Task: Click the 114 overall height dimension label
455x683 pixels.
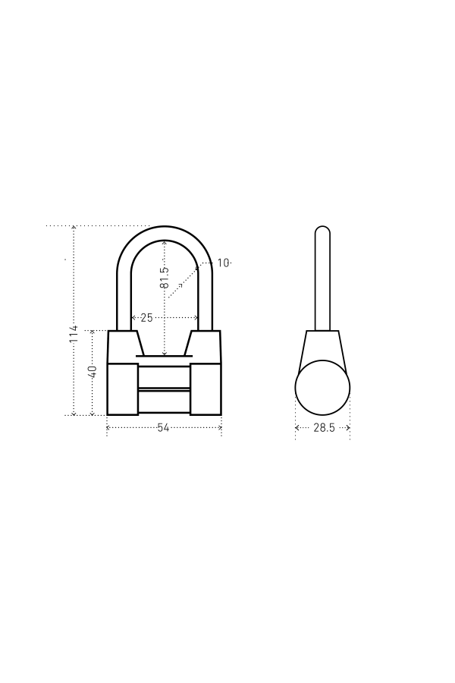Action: point(74,334)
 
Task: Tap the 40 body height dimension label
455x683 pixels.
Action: point(93,372)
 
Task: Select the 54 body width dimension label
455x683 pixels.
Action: point(163,428)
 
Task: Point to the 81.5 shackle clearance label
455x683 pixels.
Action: point(164,278)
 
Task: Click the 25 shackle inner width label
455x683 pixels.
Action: point(146,317)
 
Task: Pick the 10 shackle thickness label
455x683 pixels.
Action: point(223,263)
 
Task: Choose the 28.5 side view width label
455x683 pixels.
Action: point(324,428)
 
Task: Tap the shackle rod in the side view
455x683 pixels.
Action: point(322,279)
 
